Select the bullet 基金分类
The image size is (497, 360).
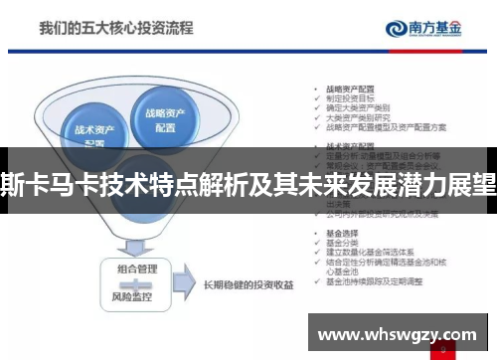(342, 243)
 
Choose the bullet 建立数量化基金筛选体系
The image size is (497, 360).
(368, 252)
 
